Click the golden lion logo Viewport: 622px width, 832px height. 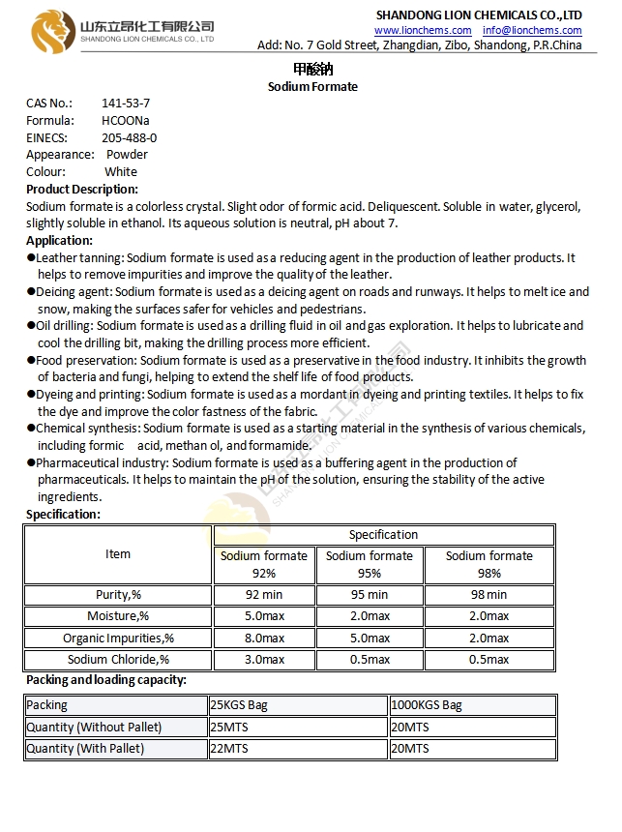[52, 31]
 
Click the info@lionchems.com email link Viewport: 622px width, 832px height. [533, 30]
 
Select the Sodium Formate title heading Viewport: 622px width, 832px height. [312, 86]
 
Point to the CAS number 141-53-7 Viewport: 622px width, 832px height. [126, 104]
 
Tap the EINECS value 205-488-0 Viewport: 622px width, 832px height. [129, 137]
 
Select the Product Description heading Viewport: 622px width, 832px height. [82, 189]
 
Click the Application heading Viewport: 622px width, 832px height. [59, 240]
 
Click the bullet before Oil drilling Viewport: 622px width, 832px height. [31, 326]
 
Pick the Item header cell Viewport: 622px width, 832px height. [118, 554]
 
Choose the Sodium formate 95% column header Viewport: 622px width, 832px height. [370, 564]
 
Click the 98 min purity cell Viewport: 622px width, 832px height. [489, 595]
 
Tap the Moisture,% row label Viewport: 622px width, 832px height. [118, 616]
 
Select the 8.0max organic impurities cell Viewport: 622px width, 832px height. [264, 638]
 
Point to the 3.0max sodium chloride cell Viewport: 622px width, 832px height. [264, 660]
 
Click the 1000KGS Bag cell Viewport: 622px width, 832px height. [427, 705]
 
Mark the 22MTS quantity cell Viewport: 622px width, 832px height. [229, 749]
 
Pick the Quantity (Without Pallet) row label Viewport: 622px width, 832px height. [94, 727]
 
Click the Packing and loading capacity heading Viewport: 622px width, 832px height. [106, 680]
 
